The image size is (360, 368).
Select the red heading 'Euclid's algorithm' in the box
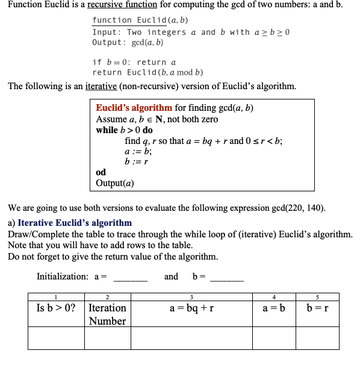[x=134, y=108]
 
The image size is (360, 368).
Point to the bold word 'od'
[x=101, y=172]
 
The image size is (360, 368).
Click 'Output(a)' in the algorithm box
[x=115, y=183]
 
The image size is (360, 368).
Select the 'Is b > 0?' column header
[x=56, y=308]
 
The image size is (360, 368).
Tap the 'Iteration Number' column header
[x=107, y=314]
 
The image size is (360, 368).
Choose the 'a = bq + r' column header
[x=191, y=308]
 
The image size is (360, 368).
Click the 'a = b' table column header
[x=274, y=308]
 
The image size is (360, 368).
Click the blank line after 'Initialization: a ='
[x=131, y=277]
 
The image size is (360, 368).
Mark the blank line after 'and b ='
[x=227, y=277]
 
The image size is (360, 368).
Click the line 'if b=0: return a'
[x=134, y=62]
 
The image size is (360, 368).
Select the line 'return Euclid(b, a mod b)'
[x=147, y=72]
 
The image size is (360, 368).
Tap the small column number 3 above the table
[x=191, y=296]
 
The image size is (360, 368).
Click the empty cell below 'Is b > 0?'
[x=56, y=338]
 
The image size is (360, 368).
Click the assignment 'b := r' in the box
[x=136, y=161]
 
